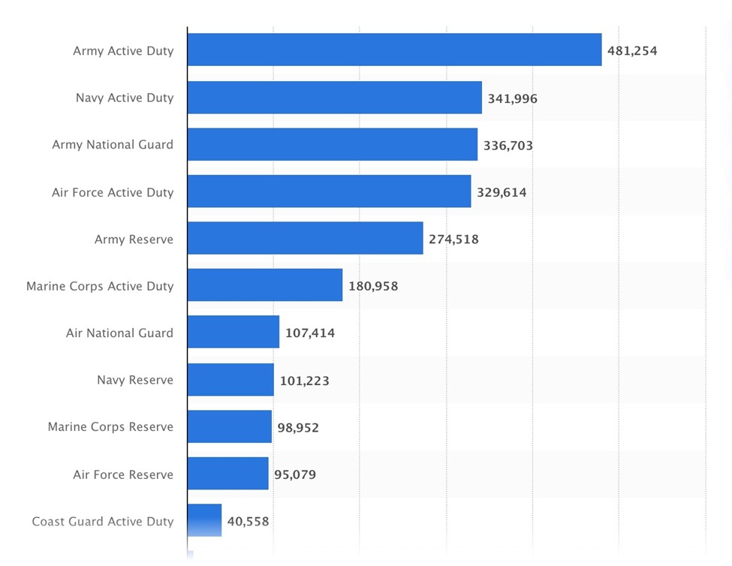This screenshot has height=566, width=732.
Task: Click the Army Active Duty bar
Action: pyautogui.click(x=394, y=50)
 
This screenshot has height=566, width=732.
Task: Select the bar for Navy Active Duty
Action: pyautogui.click(x=334, y=98)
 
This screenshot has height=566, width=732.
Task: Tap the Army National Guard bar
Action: pyautogui.click(x=332, y=144)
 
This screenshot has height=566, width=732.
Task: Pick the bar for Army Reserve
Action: pyautogui.click(x=305, y=238)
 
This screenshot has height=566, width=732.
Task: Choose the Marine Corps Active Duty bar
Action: pyautogui.click(x=264, y=285)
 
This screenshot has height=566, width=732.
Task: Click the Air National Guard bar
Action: pyautogui.click(x=233, y=332)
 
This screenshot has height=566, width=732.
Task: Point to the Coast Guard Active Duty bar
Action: pyautogui.click(x=204, y=519)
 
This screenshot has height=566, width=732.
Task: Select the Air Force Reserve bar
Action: pyautogui.click(x=227, y=473)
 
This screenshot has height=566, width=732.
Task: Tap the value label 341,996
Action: pyautogui.click(x=512, y=98)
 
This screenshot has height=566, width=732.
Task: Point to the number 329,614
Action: pyautogui.click(x=502, y=192)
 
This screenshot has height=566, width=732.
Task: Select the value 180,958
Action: pyautogui.click(x=373, y=286)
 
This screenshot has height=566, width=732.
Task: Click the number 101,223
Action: pyautogui.click(x=304, y=381)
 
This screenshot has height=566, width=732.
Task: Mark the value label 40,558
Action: pyautogui.click(x=248, y=522)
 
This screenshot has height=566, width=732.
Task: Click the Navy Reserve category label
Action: pyautogui.click(x=135, y=380)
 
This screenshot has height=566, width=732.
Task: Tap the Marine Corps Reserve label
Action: pyautogui.click(x=110, y=426)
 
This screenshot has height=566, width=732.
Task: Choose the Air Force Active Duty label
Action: pyautogui.click(x=113, y=192)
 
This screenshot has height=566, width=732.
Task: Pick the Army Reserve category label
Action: pyautogui.click(x=134, y=239)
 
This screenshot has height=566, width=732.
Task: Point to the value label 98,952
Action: pyautogui.click(x=298, y=428)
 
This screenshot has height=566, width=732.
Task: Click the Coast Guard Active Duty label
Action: pyautogui.click(x=103, y=521)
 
